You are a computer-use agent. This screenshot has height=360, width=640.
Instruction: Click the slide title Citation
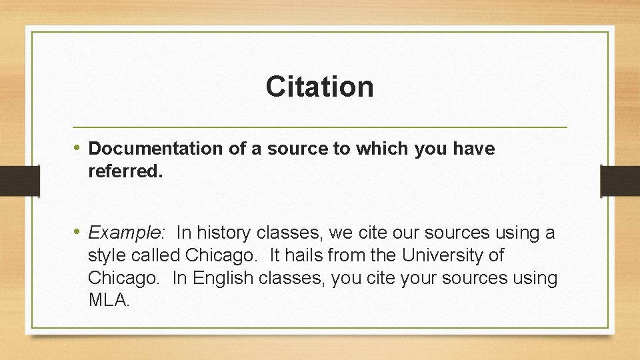click(319, 87)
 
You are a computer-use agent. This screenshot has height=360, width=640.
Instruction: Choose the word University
click(450, 255)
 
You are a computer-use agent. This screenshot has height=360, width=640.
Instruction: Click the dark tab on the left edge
click(10, 181)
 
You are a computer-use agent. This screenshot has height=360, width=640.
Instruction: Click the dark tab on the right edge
click(620, 181)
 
